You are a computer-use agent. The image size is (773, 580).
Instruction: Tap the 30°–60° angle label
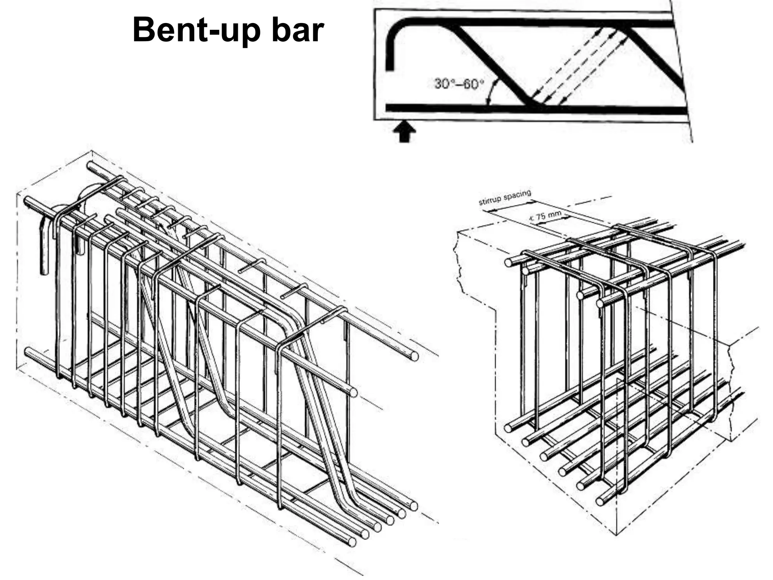coord(459,83)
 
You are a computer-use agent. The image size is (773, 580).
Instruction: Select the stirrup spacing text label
coord(505,197)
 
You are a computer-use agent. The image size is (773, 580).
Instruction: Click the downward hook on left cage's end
coord(45,249)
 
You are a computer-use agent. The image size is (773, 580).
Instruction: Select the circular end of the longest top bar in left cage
coord(414,356)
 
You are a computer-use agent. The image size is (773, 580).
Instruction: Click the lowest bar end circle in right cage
coord(600,502)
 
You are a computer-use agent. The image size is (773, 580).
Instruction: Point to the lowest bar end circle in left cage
coord(352,542)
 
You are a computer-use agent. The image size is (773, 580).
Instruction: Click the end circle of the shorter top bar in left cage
coord(353,393)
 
